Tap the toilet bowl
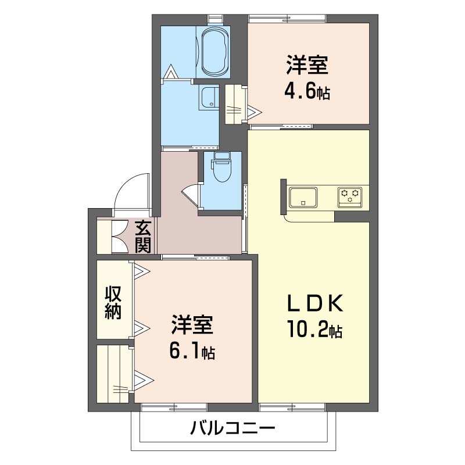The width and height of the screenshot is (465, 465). coord(221,171)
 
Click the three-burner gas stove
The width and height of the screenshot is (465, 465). coord(350,196)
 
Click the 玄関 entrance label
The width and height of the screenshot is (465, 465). coord(143,236)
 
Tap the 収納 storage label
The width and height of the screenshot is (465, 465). coord(113,303)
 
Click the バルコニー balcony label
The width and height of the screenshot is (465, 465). coord(232,430)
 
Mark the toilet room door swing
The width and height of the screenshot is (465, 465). coord(192,193)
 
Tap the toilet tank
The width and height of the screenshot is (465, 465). coord(221,156)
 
